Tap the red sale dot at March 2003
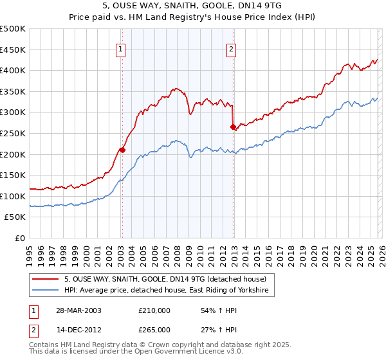[122, 150]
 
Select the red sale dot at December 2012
[233, 127]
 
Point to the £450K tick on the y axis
[13, 50]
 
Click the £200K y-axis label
[13, 154]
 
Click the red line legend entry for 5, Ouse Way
[151, 279]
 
